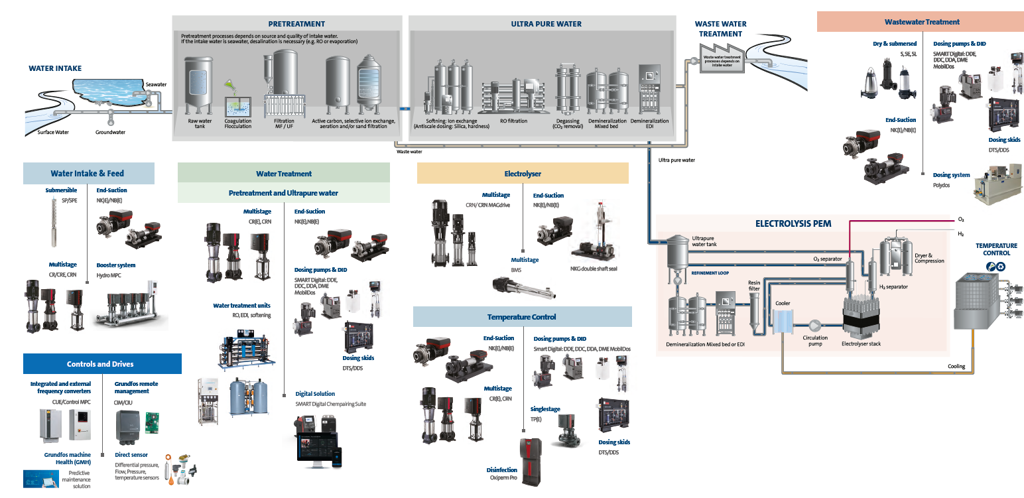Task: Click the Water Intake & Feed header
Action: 88,174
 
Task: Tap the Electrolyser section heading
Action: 523,174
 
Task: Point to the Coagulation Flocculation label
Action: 238,123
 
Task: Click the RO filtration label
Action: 513,121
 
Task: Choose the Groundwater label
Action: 110,132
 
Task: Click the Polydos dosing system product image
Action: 993,188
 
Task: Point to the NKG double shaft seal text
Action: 594,269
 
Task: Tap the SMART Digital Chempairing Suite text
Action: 330,404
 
